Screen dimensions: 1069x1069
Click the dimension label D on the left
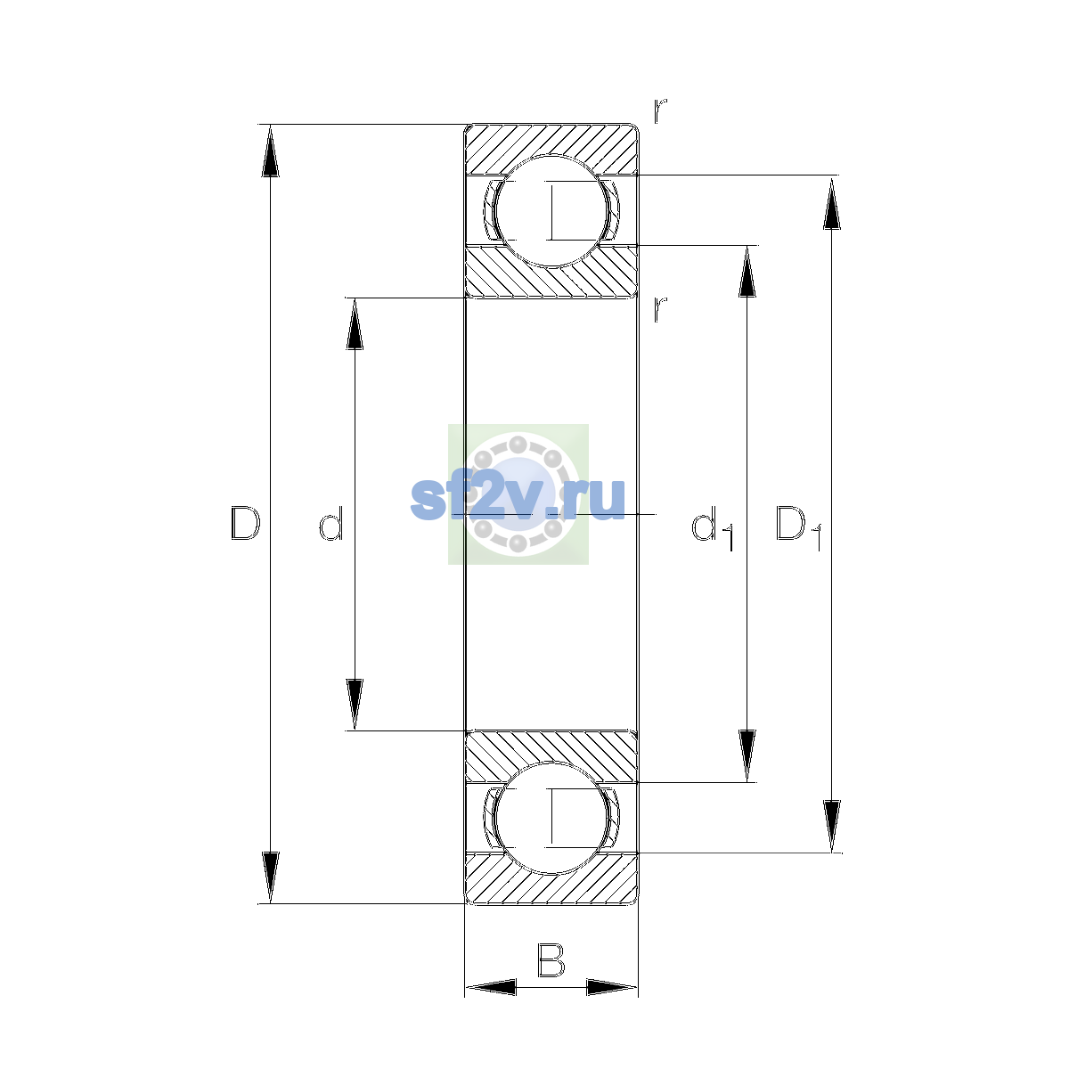coord(245,523)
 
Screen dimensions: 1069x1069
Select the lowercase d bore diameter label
coord(331,523)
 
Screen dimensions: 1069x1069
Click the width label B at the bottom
coord(551,959)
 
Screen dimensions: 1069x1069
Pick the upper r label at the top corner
coord(659,110)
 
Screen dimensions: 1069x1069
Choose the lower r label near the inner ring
coord(659,309)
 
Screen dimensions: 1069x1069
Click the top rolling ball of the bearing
coord(551,211)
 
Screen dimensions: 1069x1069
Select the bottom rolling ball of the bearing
coord(551,818)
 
